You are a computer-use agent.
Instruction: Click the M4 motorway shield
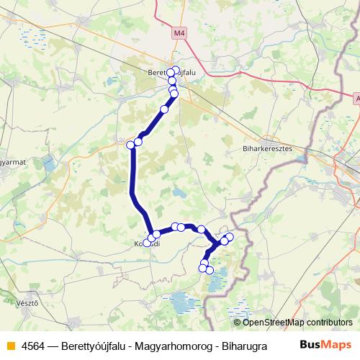pos(179,33)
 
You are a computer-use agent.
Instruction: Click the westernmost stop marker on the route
pos(131,145)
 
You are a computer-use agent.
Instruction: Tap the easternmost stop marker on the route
pos(230,237)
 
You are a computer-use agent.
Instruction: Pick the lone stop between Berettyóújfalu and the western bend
pos(164,109)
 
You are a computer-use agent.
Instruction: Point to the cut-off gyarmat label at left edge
pos(13,162)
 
